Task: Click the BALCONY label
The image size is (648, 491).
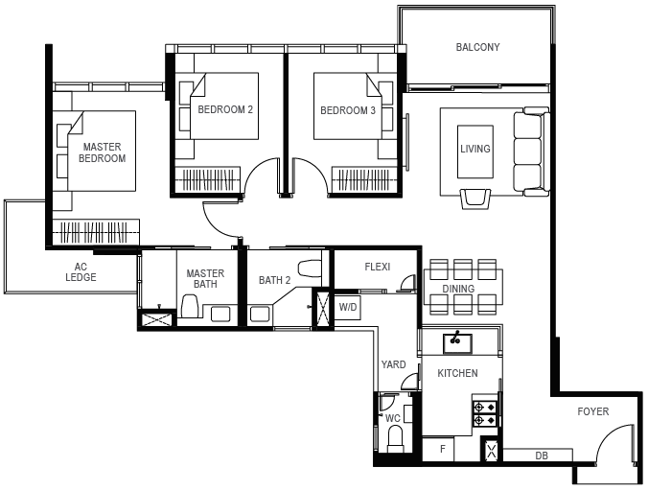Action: click(x=477, y=47)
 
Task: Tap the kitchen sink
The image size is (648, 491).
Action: click(x=457, y=343)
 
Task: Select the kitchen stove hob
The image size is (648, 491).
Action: click(x=485, y=414)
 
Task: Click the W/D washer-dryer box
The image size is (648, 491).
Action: click(x=348, y=307)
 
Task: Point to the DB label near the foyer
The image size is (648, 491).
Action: click(x=542, y=456)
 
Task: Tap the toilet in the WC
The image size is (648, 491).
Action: click(x=396, y=439)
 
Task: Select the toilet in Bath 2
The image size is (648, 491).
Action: click(x=309, y=269)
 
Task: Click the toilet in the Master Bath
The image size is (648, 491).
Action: click(x=190, y=306)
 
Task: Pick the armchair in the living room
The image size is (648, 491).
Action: click(x=475, y=198)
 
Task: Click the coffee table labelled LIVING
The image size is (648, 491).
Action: click(x=475, y=152)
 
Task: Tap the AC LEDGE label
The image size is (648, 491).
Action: click(x=81, y=272)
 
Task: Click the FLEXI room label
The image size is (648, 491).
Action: click(x=378, y=267)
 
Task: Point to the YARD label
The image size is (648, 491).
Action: click(x=393, y=364)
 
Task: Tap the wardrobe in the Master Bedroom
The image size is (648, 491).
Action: click(x=96, y=232)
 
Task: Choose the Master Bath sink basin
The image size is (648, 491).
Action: click(x=220, y=314)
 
